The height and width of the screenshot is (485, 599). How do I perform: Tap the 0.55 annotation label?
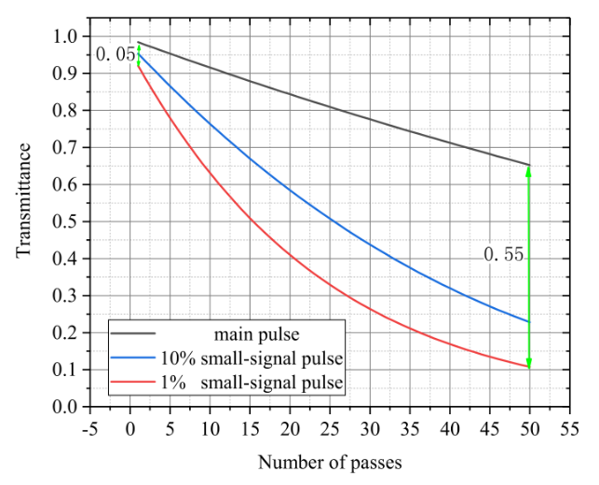[x=502, y=252]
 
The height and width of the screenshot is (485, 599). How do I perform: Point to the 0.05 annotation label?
[x=115, y=55]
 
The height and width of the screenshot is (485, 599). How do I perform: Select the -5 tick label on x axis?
[x=91, y=429]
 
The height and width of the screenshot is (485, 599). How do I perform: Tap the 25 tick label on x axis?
[x=331, y=429]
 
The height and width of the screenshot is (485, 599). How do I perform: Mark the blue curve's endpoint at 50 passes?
[x=529, y=322]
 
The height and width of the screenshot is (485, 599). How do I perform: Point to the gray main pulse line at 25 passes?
[x=331, y=108]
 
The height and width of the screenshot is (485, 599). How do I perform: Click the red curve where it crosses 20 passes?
[x=291, y=255]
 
